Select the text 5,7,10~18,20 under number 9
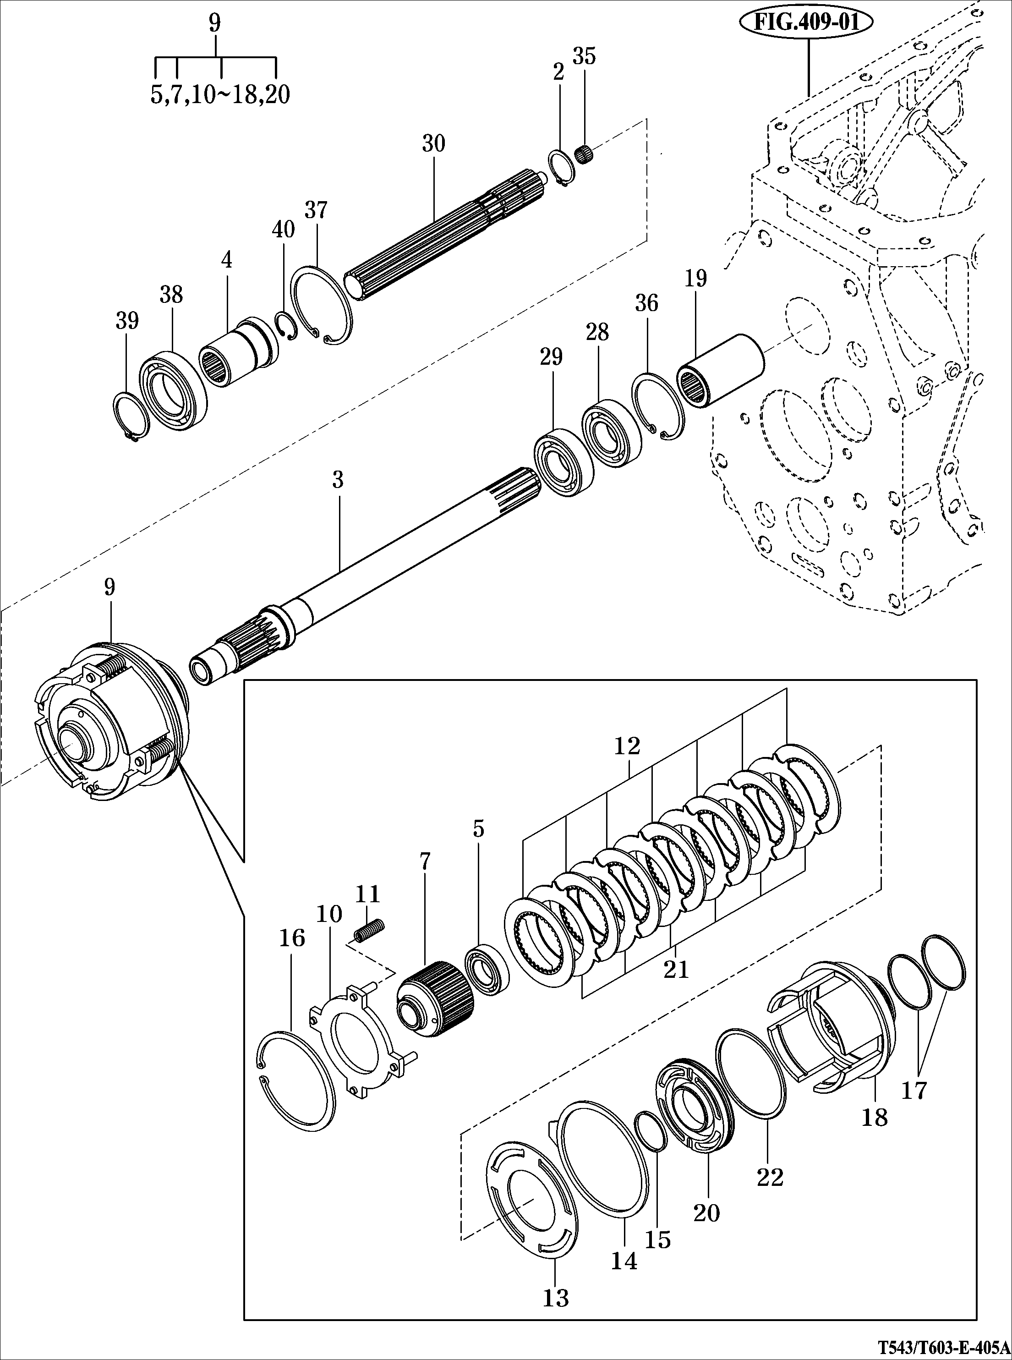[x=220, y=95]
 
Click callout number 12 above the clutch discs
[x=627, y=746]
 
